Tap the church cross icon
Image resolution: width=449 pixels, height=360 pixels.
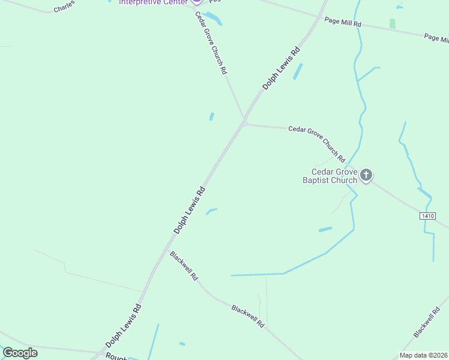366,176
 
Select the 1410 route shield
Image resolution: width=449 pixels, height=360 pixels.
427,215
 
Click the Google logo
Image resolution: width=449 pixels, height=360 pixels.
20,353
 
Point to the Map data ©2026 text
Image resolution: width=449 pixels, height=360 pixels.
423,355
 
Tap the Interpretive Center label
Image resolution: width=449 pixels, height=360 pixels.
153,2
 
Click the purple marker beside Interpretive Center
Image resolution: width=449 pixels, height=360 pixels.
196,2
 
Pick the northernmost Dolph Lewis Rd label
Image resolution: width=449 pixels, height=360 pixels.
281,70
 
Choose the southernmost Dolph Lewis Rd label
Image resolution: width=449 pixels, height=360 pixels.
124,326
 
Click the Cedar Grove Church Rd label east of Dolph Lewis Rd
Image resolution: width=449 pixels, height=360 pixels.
316,143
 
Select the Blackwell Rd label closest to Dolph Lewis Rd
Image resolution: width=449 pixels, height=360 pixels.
184,266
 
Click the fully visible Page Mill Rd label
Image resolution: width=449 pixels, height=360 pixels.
343,22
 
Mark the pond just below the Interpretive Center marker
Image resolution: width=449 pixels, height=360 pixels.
213,18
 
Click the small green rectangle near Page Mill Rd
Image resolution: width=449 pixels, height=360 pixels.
393,23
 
